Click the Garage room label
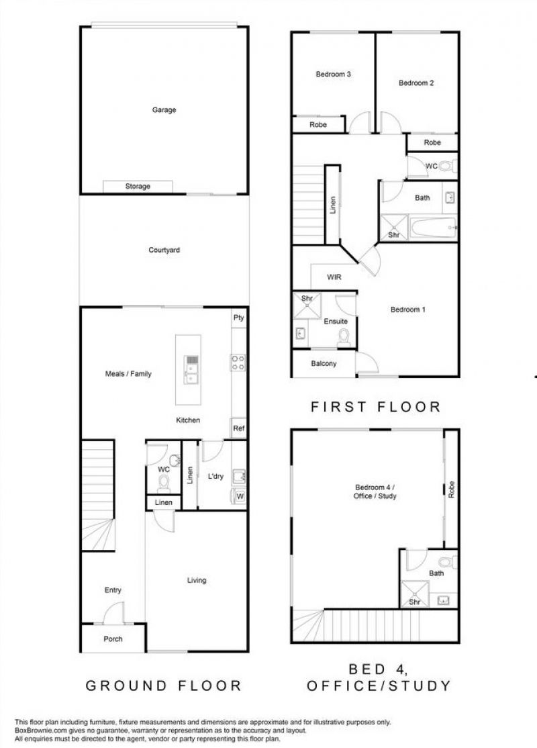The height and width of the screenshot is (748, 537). tap(164, 109)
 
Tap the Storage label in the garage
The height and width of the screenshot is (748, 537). tap(138, 186)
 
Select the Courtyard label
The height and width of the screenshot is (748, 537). tap(164, 250)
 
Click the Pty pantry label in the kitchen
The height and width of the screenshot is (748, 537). tap(238, 318)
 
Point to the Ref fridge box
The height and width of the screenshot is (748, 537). tap(239, 428)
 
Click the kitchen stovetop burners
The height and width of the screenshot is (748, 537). tap(238, 363)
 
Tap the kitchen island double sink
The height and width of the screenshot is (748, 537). tap(192, 370)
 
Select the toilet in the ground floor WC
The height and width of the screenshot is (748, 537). tap(164, 483)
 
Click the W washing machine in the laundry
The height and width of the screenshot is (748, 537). tap(239, 496)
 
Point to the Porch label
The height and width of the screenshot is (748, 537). tap(113, 639)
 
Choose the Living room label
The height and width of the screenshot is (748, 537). tap(197, 581)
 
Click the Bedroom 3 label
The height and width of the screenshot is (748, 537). tap(334, 75)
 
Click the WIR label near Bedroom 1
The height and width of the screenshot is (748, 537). tap(334, 277)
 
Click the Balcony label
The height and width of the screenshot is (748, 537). tap(324, 363)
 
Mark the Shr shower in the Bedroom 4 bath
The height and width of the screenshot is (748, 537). tap(414, 594)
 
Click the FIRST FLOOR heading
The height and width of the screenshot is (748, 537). tap(376, 407)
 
